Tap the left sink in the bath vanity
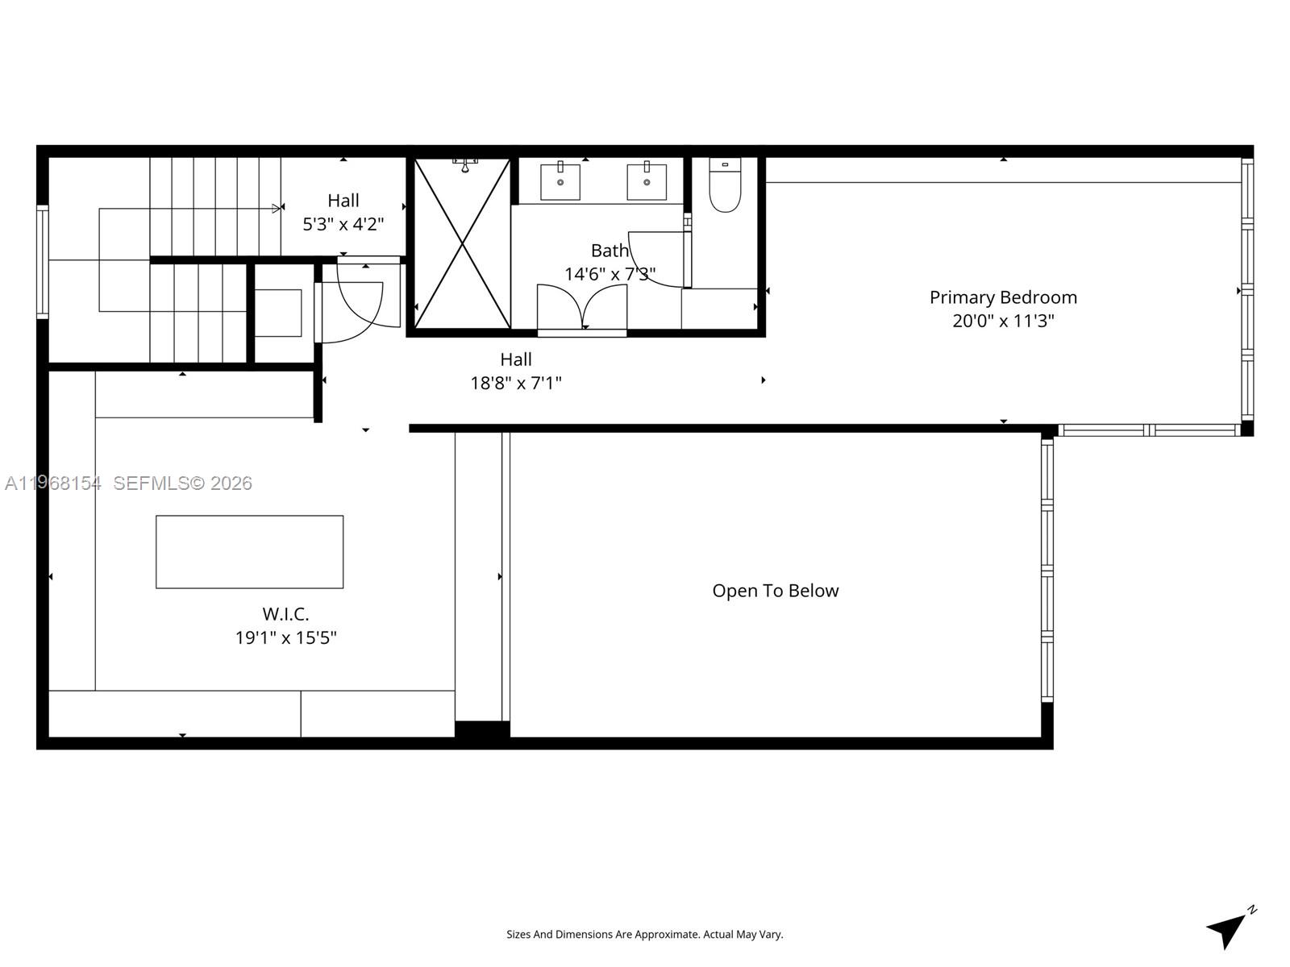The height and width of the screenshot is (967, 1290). point(560,181)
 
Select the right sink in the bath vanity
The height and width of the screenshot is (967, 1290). point(647,181)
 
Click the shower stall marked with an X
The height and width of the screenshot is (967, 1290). point(462,243)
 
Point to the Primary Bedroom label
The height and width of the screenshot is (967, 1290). point(1003,297)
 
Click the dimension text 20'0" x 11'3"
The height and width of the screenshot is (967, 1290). point(1003,321)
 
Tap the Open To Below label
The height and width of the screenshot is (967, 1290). point(775,591)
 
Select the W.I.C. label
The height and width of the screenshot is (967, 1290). point(285,614)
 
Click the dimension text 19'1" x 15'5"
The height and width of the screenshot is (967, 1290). point(285,637)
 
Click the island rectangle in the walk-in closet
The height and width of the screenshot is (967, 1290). point(249,552)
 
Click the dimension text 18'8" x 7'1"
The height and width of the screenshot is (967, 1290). point(516,383)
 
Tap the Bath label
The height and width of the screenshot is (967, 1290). point(610,251)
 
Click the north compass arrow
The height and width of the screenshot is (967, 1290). point(1228,929)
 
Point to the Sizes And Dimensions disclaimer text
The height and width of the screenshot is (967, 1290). point(644,935)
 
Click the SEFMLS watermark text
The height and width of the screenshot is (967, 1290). point(182,483)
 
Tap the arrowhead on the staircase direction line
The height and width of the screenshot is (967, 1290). point(277,209)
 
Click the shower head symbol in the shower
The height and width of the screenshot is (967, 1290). point(465,165)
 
